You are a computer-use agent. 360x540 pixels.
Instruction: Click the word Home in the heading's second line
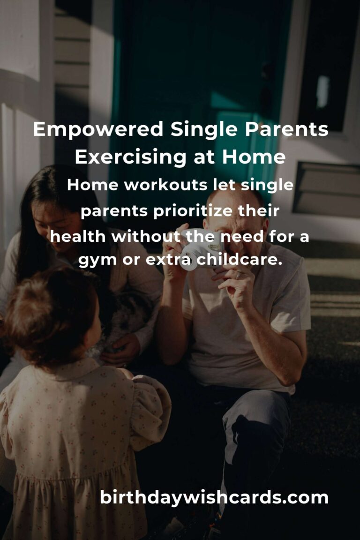(x=254, y=157)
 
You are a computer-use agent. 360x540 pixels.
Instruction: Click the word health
(x=78, y=237)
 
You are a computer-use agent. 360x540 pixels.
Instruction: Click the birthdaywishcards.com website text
(x=214, y=497)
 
